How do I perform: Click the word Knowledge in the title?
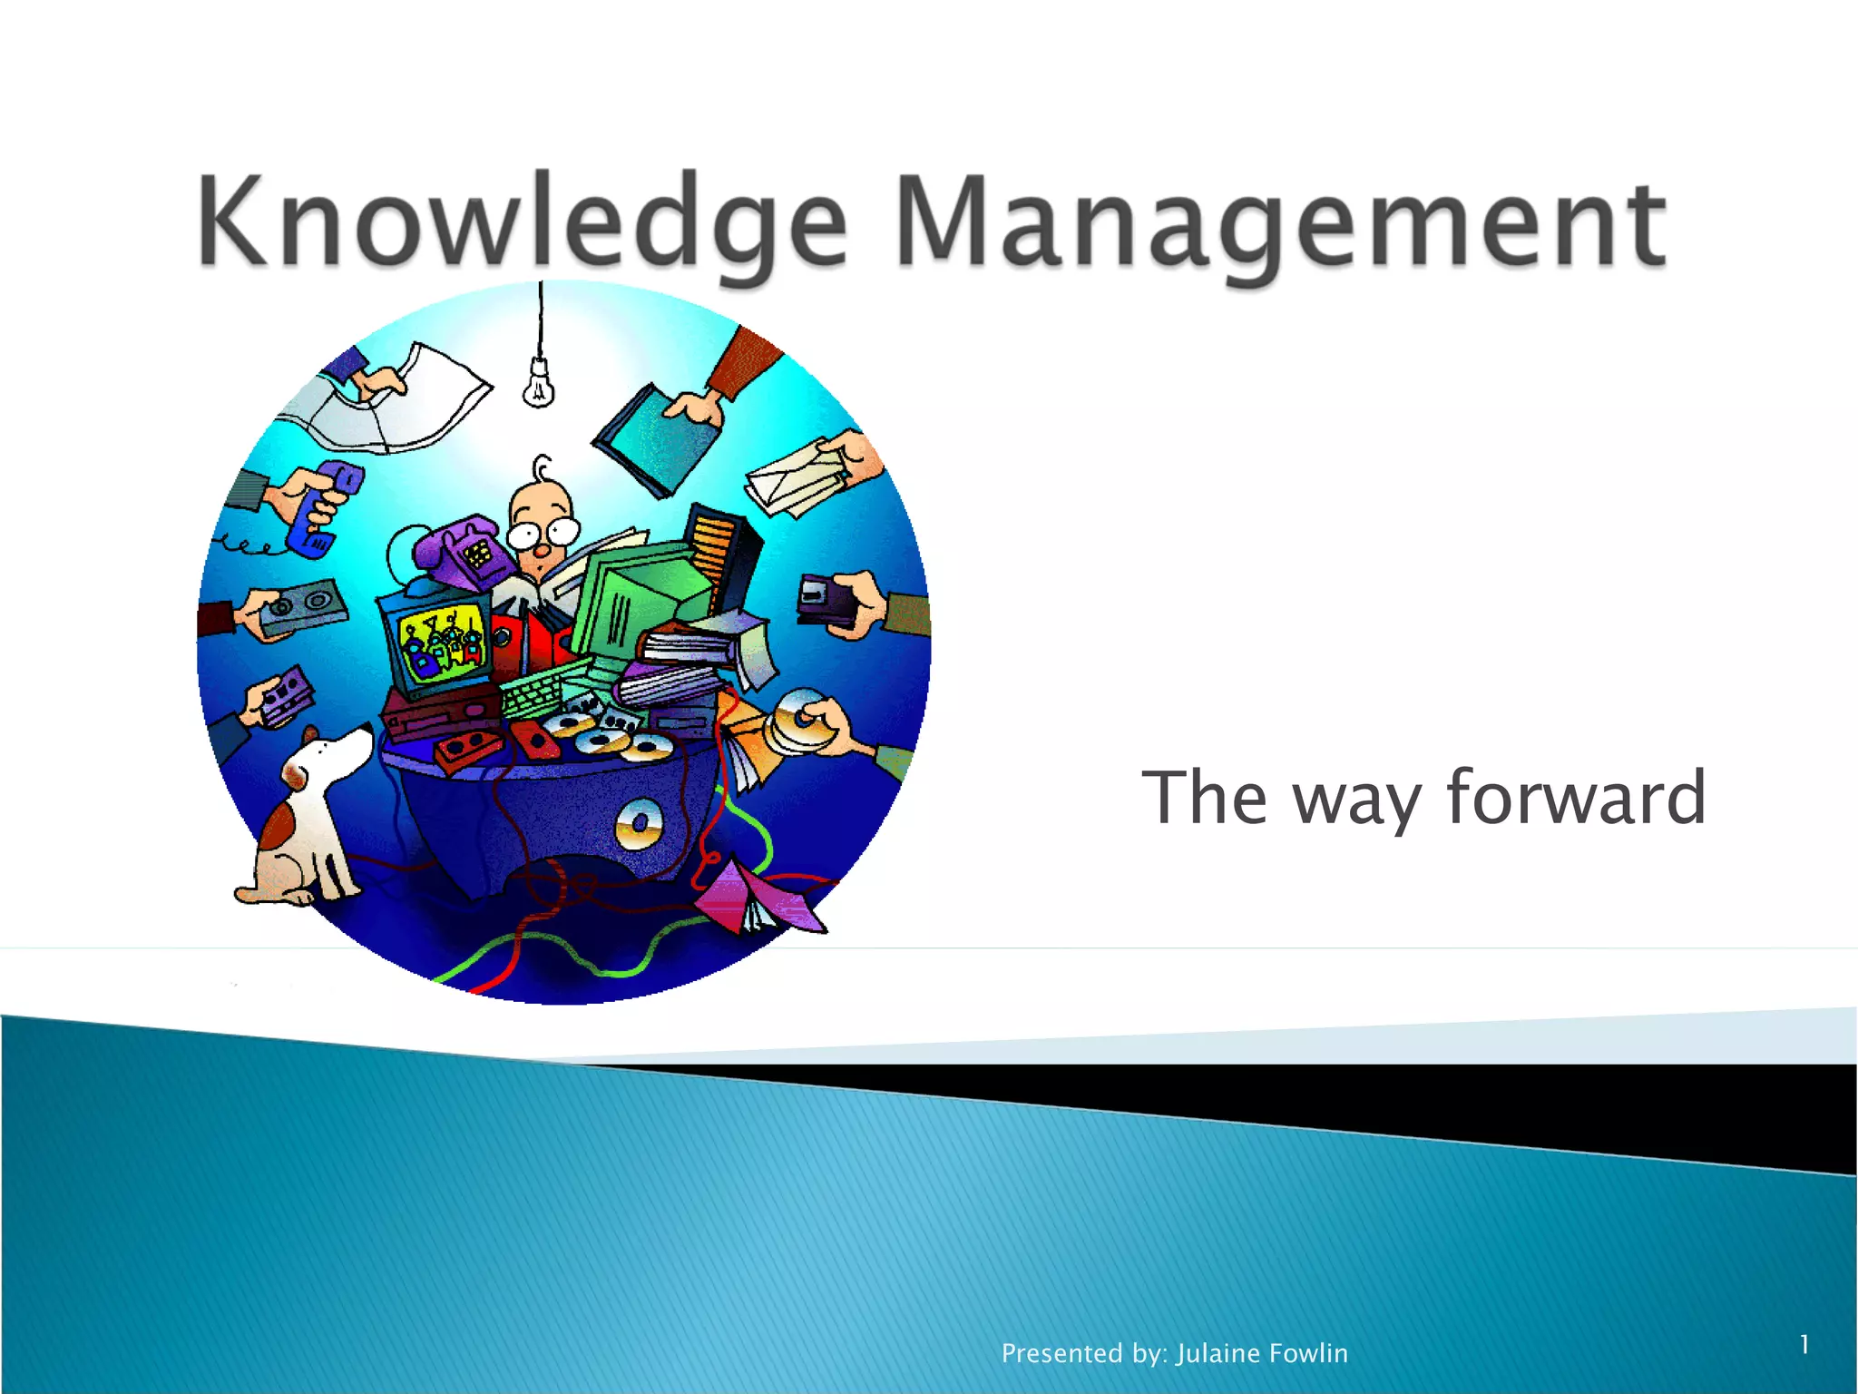click(522, 222)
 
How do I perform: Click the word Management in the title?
click(1279, 222)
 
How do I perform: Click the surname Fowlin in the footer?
click(1308, 1353)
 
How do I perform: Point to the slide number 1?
click(1804, 1344)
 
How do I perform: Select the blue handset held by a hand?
click(322, 508)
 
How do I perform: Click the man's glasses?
click(543, 531)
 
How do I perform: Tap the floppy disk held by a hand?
click(826, 599)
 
